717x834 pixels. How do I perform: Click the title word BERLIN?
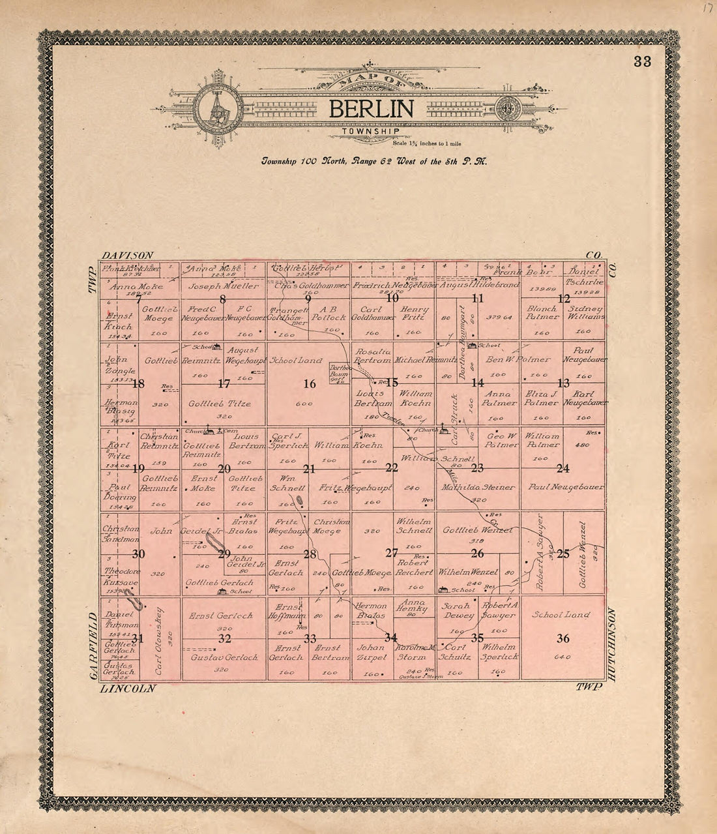(370, 108)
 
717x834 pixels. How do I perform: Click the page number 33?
(641, 62)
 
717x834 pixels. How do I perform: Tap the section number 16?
(309, 384)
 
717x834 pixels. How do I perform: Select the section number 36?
(563, 638)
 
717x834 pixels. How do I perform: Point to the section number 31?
(138, 638)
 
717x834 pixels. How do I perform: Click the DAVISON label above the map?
(128, 255)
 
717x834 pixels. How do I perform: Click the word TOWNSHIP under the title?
(370, 132)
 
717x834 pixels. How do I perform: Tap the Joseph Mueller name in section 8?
(224, 286)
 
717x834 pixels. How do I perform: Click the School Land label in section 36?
(561, 615)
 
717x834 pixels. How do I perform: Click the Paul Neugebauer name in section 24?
(566, 487)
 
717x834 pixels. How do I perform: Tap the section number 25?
(563, 554)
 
